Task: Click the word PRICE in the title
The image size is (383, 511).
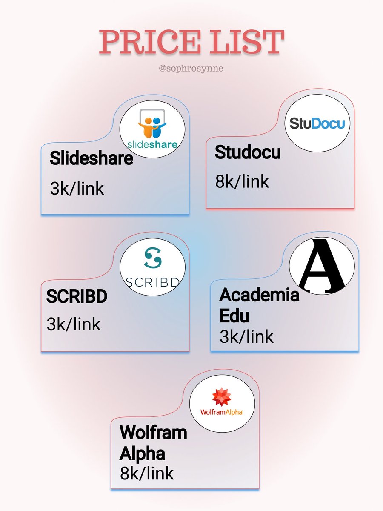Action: tap(150, 42)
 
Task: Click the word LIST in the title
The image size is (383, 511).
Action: tap(247, 42)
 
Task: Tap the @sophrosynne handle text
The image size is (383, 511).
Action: tap(191, 68)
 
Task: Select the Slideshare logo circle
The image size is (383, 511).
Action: tap(152, 129)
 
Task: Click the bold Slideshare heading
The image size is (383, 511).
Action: tap(91, 158)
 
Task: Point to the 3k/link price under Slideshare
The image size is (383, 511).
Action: tap(77, 188)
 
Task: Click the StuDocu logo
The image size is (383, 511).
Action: tap(317, 123)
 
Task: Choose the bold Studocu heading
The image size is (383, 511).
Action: tap(248, 152)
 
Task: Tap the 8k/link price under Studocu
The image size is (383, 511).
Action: tap(242, 181)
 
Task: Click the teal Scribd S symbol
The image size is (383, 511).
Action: tap(152, 257)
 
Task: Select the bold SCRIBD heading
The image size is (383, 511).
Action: tap(77, 296)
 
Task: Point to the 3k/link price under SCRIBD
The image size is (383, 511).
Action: tap(74, 324)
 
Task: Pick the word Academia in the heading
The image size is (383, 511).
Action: tap(259, 295)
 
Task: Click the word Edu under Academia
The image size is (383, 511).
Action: tap(234, 316)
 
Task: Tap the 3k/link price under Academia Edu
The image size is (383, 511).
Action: tap(246, 337)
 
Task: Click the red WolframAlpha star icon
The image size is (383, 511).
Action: tap(222, 397)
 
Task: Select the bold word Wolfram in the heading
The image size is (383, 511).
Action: tap(154, 433)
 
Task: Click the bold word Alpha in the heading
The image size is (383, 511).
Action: tap(142, 454)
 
